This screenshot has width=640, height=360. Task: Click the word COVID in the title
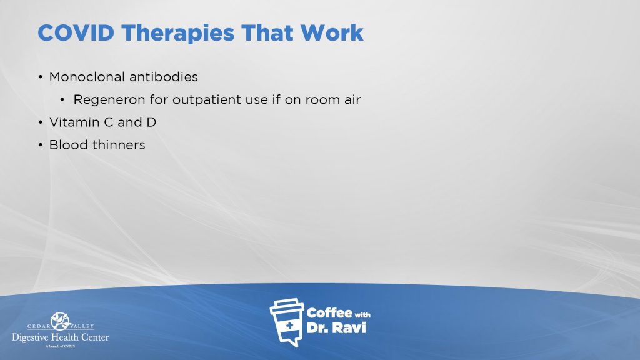tap(76, 33)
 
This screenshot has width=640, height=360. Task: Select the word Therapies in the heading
tap(177, 34)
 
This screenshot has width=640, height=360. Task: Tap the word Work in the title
tap(332, 33)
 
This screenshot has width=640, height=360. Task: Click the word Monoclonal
tap(86, 77)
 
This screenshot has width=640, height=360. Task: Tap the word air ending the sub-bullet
tap(352, 99)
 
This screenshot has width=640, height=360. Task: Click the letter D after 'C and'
tap(151, 122)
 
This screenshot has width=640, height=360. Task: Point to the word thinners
tap(119, 145)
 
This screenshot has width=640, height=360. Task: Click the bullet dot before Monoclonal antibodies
tap(41, 77)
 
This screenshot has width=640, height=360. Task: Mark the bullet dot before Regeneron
tap(62, 99)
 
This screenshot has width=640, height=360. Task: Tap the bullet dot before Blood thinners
tap(41, 145)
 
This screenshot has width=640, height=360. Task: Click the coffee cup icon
tap(287, 322)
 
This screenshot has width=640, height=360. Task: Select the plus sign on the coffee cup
tap(289, 325)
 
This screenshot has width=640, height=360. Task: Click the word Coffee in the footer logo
tap(329, 313)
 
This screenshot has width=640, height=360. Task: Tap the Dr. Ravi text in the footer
tap(336, 327)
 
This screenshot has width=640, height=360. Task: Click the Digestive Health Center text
tap(61, 337)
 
